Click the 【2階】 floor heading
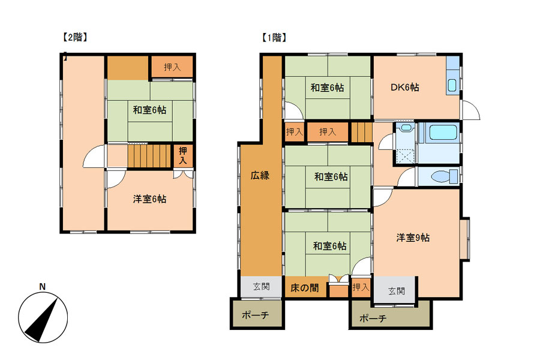75,37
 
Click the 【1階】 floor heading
274,37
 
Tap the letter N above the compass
43,287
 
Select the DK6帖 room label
404,87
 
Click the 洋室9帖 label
413,238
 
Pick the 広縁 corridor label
260,175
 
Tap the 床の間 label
304,287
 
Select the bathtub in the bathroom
443,132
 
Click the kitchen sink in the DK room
452,85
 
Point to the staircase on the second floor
149,156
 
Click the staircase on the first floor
361,132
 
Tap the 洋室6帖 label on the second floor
150,199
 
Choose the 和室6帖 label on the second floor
150,110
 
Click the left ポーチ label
255,315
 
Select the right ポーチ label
373,318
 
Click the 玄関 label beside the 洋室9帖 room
397,291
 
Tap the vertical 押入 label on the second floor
183,155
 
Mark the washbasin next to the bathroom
406,128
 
